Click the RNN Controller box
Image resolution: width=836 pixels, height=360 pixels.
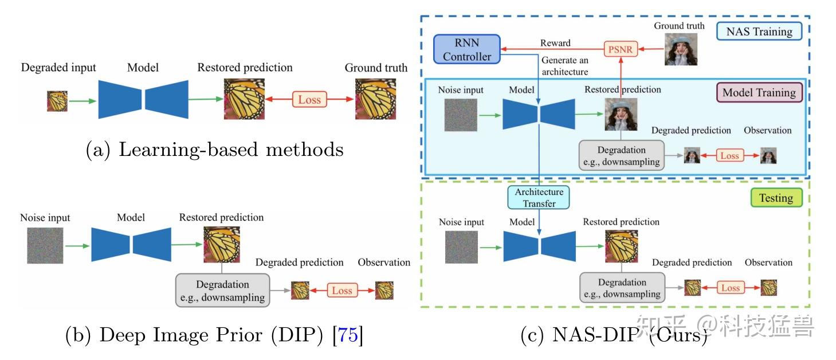[x=467, y=49]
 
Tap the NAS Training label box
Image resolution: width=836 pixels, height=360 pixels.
[x=759, y=32]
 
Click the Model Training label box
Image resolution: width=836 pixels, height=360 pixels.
[x=759, y=93]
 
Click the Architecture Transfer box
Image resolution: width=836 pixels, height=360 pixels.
[x=539, y=198]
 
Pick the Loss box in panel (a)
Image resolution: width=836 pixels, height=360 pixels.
[x=309, y=100]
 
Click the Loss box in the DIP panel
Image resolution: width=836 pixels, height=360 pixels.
[x=342, y=291]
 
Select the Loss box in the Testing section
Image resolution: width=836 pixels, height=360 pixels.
[x=730, y=288]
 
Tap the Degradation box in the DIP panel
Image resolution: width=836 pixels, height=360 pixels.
[x=222, y=291]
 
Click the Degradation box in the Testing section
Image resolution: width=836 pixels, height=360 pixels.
[x=622, y=288]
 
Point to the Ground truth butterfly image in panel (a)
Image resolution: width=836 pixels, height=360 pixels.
[x=375, y=99]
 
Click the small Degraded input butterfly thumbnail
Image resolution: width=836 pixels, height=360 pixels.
[x=57, y=101]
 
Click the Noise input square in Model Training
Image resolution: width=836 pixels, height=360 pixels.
[x=460, y=115]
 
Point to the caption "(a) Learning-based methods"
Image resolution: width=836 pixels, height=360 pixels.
[x=214, y=150]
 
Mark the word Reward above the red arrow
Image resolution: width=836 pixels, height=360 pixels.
[x=555, y=43]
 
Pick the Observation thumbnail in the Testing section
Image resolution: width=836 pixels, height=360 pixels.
[x=768, y=288]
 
